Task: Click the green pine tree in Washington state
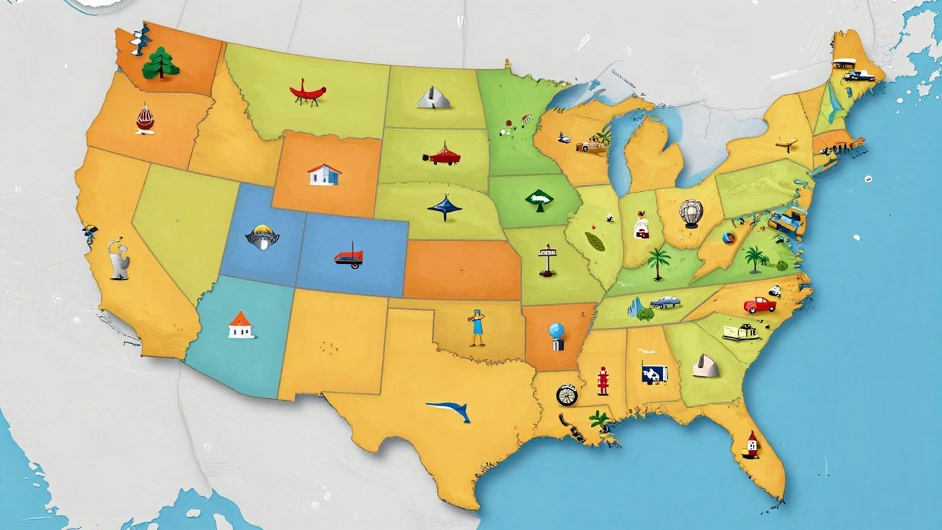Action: [x=161, y=63]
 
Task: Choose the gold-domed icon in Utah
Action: [x=262, y=236]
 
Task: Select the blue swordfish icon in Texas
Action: [x=450, y=411]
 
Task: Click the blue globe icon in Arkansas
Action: [x=557, y=335]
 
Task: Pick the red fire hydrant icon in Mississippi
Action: [x=603, y=381]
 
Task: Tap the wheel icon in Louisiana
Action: [x=566, y=395]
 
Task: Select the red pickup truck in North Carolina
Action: [x=759, y=304]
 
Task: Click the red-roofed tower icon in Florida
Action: [x=752, y=444]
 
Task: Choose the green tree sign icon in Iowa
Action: [x=539, y=200]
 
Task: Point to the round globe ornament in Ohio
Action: [x=691, y=213]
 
